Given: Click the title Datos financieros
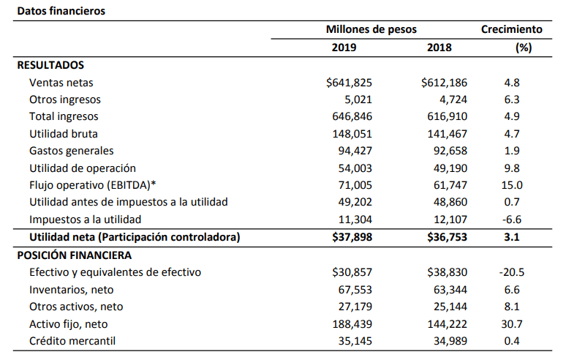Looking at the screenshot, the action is coord(61,11).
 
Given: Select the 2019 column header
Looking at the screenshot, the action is coord(344,48).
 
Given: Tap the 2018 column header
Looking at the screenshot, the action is coord(439,48).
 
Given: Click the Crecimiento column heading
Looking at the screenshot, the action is coord(511,29).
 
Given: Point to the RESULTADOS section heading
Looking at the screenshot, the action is coord(50,65).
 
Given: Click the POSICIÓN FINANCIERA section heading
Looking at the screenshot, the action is coord(75,255).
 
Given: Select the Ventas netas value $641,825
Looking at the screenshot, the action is coord(349,83).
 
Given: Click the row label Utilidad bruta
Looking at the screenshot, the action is coord(64,134).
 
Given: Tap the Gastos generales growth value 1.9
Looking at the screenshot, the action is coord(512,151).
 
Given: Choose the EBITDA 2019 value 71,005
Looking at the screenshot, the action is coord(355,185).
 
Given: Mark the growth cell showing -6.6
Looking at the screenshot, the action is coord(512,220).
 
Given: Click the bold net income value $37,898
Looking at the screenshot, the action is coord(352,237).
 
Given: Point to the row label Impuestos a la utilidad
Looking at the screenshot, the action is coord(85,220).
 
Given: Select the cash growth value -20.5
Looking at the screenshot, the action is coord(512,272).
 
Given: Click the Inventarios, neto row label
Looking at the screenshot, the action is coord(72,290).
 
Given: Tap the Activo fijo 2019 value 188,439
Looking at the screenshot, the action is coord(352,324).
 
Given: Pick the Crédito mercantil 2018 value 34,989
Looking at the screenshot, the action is coord(450,341).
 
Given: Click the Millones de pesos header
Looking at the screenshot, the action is coord(371,29).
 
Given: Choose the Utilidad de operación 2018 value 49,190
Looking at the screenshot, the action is coord(450,168).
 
